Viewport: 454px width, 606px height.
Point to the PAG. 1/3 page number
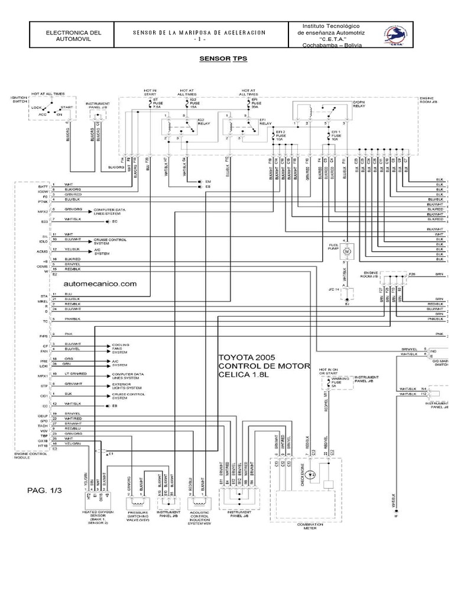click(x=44, y=491)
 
